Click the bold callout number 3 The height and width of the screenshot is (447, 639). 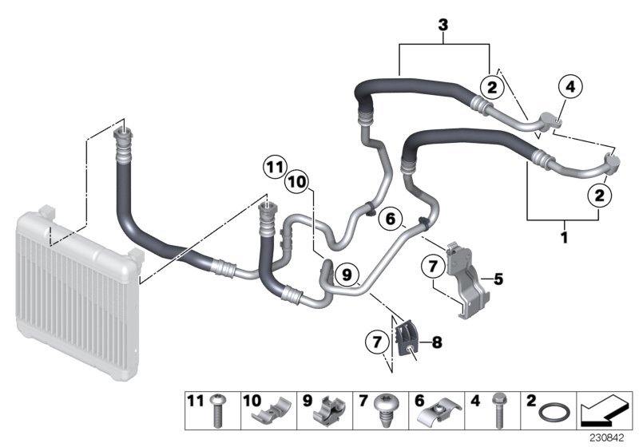pos(443,26)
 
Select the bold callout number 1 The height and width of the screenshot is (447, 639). pos(566,237)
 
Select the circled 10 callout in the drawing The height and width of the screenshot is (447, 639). pos(296,182)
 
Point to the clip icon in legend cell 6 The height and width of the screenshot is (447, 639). pos(440,412)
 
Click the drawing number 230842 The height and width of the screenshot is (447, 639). pos(606,439)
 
